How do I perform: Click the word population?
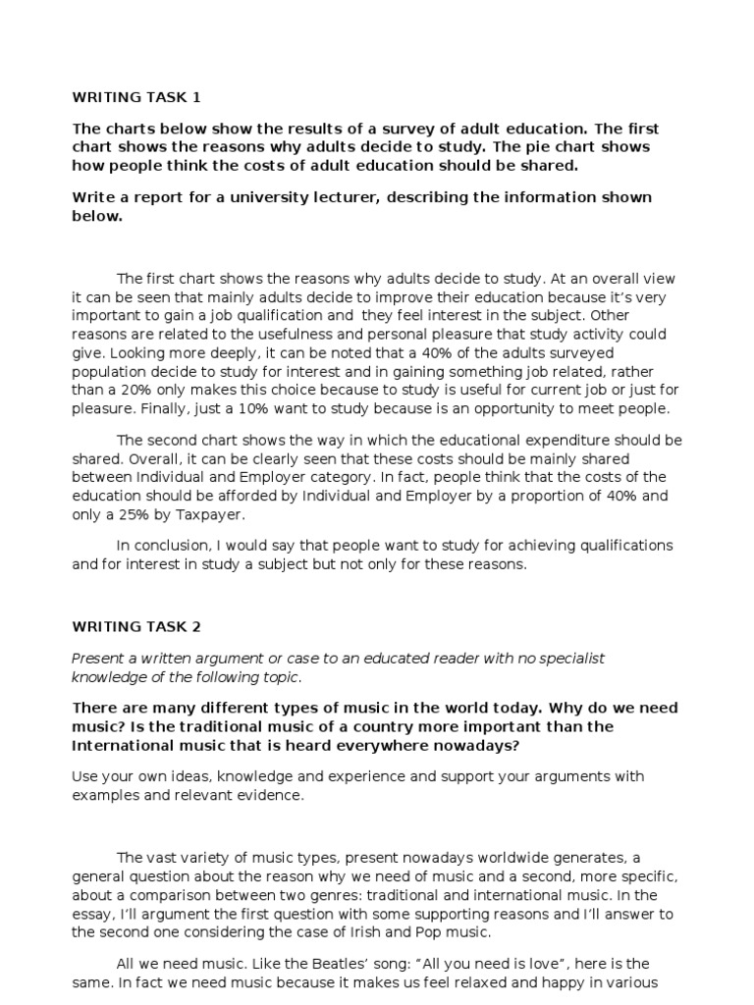pos(110,372)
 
